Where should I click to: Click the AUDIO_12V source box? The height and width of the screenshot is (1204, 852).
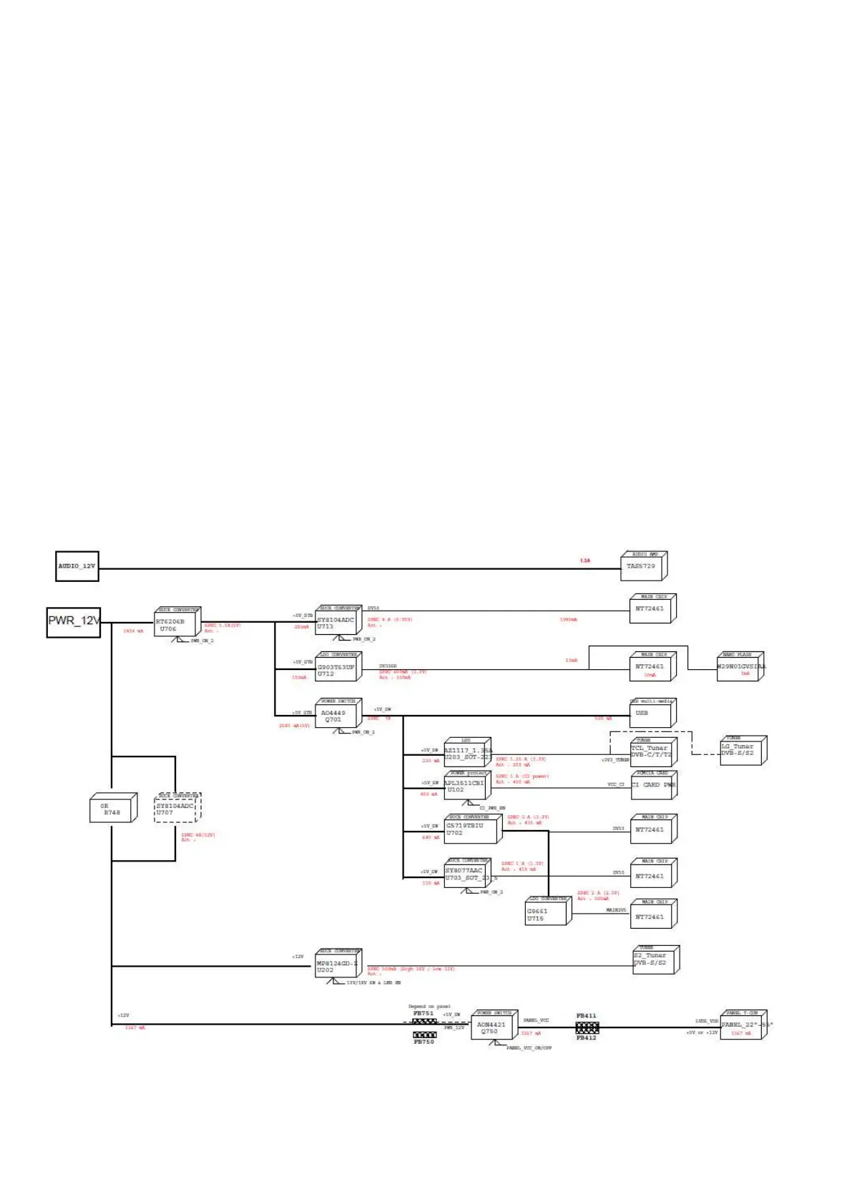click(x=77, y=566)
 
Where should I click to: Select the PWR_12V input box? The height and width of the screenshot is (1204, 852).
click(x=73, y=621)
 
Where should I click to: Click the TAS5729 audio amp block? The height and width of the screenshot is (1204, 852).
click(x=642, y=567)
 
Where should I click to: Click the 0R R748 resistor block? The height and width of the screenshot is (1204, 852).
click(x=111, y=809)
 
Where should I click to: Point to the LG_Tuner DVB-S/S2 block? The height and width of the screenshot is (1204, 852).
click(x=741, y=751)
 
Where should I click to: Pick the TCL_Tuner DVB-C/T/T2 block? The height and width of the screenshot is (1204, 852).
click(x=651, y=753)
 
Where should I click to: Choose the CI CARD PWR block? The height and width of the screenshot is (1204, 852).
click(x=652, y=785)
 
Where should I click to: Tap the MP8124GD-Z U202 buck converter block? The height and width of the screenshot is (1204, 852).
click(x=336, y=967)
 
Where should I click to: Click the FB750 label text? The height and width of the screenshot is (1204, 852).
click(x=423, y=1042)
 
